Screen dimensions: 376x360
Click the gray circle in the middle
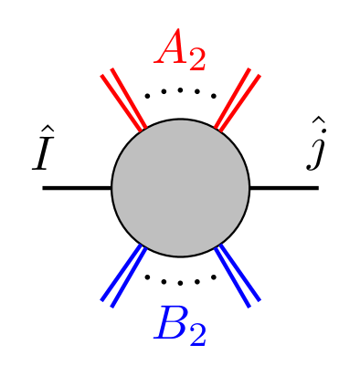click(x=180, y=188)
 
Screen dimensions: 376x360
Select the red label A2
click(x=181, y=50)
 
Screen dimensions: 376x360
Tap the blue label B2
click(x=181, y=326)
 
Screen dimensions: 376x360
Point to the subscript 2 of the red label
click(x=196, y=59)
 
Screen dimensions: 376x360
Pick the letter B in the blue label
click(x=171, y=324)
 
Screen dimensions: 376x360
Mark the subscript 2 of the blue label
click(x=197, y=335)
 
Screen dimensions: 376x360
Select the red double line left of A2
click(x=123, y=99)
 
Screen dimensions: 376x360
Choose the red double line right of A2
click(x=238, y=99)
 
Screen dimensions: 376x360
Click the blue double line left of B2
click(x=123, y=276)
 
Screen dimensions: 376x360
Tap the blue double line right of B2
click(x=238, y=276)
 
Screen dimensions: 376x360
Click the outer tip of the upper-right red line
click(x=254, y=72)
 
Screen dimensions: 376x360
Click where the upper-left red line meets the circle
click(x=143, y=131)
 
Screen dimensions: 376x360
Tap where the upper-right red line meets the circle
click(x=217, y=131)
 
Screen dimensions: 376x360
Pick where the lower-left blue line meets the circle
click(x=143, y=245)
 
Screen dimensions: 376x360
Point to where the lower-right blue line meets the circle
click(x=217, y=245)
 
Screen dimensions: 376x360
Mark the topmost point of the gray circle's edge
click(x=180, y=120)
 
